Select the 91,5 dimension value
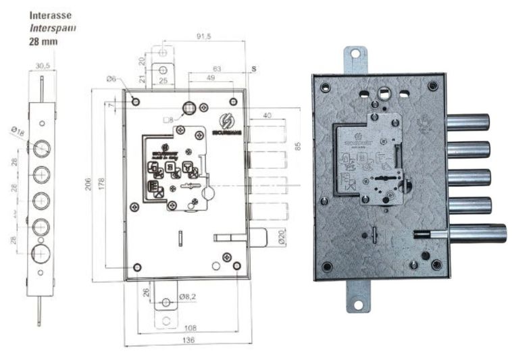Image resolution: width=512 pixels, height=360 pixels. point(204,36)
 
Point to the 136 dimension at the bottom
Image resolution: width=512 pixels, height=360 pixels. point(188,340)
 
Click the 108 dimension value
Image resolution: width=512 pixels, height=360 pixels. point(190,328)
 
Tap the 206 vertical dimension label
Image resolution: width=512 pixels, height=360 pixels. point(88,184)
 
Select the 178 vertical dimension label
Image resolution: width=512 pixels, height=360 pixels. point(102,184)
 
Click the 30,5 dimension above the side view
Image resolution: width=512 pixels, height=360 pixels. point(42,66)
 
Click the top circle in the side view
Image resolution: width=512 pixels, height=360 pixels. point(42,147)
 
